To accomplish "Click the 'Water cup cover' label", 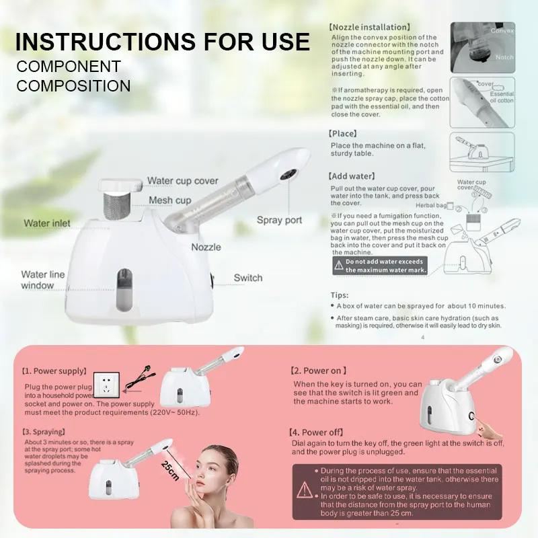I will (182, 181).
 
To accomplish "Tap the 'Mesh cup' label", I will (169, 200).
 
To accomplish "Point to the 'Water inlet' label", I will (46, 223).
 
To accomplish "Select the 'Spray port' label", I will (279, 220).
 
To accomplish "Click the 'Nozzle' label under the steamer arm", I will (206, 247).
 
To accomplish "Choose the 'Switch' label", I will (248, 278).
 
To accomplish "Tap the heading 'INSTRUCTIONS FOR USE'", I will (162, 41).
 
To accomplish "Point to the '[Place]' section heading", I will (343, 134).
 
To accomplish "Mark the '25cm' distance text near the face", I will (170, 471).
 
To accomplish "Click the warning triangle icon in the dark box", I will (305, 490).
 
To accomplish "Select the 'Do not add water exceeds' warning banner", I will (380, 266).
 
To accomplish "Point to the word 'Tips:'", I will (340, 295).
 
